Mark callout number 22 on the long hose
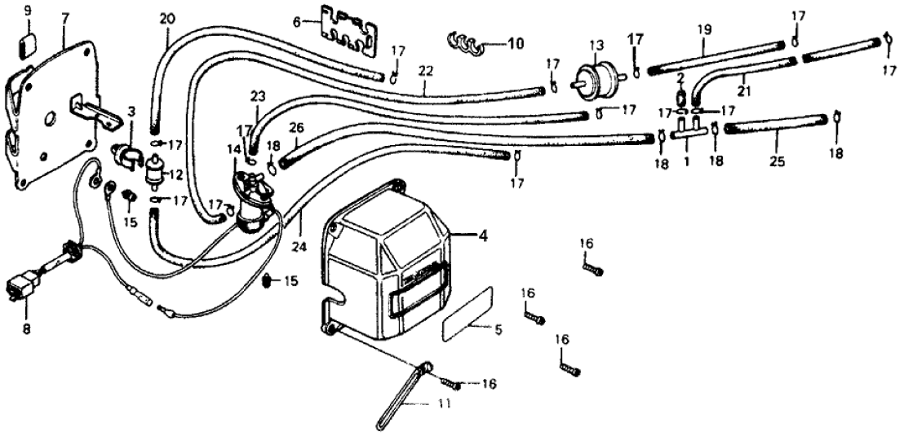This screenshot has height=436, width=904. (x=424, y=71)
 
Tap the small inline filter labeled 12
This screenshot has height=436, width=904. (x=151, y=172)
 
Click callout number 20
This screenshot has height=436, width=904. (x=166, y=18)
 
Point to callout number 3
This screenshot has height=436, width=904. (x=131, y=110)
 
